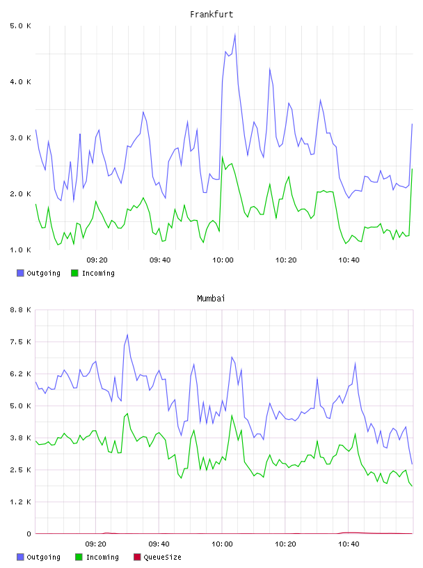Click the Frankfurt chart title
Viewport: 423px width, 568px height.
tap(211, 15)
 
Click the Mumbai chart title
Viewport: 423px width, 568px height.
tap(211, 299)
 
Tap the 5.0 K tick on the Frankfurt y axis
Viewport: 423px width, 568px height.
tap(20, 26)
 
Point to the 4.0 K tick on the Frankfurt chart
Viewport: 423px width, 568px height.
tap(20, 82)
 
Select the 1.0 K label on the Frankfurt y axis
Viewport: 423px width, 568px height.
tap(20, 250)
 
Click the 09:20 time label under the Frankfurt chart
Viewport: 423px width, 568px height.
tap(97, 260)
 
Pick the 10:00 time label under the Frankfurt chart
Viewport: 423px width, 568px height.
tap(223, 260)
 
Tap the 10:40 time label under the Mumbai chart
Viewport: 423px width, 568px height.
tap(349, 544)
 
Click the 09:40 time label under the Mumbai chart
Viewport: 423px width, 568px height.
tap(159, 544)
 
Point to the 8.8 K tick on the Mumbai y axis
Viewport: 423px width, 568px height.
tap(20, 310)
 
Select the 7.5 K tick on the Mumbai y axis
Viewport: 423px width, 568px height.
tap(20, 342)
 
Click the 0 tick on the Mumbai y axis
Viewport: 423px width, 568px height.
tap(29, 534)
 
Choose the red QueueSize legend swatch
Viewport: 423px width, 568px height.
tap(137, 557)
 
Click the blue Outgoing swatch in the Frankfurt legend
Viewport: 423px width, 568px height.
tap(20, 273)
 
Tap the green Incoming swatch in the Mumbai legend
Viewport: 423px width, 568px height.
tap(79, 557)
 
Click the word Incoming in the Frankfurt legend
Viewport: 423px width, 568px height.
tap(98, 273)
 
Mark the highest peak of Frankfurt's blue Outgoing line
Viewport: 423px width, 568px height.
tap(235, 34)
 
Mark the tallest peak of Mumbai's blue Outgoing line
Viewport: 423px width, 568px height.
tap(127, 335)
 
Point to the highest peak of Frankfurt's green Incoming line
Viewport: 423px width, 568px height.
tap(223, 157)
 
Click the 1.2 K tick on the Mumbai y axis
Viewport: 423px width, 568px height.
tap(20, 502)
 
